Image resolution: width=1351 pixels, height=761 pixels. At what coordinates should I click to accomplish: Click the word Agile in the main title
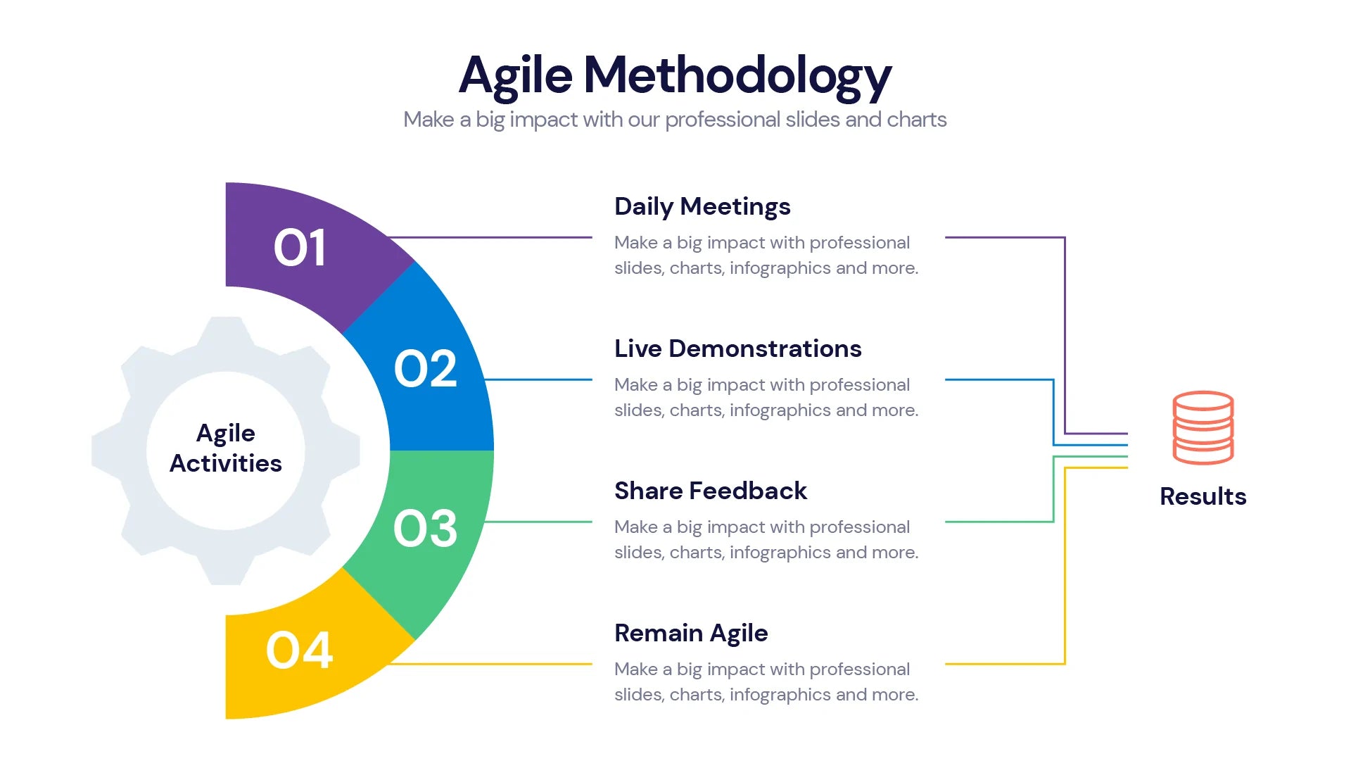point(516,76)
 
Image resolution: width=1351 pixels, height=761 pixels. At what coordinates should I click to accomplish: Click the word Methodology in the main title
point(737,76)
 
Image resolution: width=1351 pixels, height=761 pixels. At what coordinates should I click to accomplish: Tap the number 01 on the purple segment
point(300,248)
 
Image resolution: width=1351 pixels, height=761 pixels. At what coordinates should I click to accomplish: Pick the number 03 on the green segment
point(425,528)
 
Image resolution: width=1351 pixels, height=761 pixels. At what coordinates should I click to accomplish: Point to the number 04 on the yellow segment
point(299,650)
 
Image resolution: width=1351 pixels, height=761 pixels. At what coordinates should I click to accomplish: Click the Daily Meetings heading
point(702,206)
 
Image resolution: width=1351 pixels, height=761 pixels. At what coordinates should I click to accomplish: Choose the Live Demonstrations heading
point(737,348)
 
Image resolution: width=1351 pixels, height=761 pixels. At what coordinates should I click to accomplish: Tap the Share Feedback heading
point(710,491)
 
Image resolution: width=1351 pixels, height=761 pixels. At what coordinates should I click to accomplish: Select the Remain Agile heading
point(691,633)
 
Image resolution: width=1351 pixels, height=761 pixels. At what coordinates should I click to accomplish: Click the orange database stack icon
point(1203,427)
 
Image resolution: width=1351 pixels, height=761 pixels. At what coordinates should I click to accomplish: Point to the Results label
point(1203,496)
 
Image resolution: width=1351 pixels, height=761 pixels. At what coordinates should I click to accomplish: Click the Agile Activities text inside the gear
point(226,448)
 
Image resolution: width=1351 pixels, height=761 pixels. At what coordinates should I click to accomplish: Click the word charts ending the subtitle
point(916,120)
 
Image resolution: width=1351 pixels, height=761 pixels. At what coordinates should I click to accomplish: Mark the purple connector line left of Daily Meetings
point(493,237)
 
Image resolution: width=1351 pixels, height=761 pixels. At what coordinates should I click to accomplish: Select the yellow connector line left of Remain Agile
point(493,664)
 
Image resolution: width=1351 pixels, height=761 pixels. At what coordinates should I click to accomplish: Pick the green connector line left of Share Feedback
point(538,522)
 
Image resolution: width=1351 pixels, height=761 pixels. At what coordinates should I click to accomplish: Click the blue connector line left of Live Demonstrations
point(538,379)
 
